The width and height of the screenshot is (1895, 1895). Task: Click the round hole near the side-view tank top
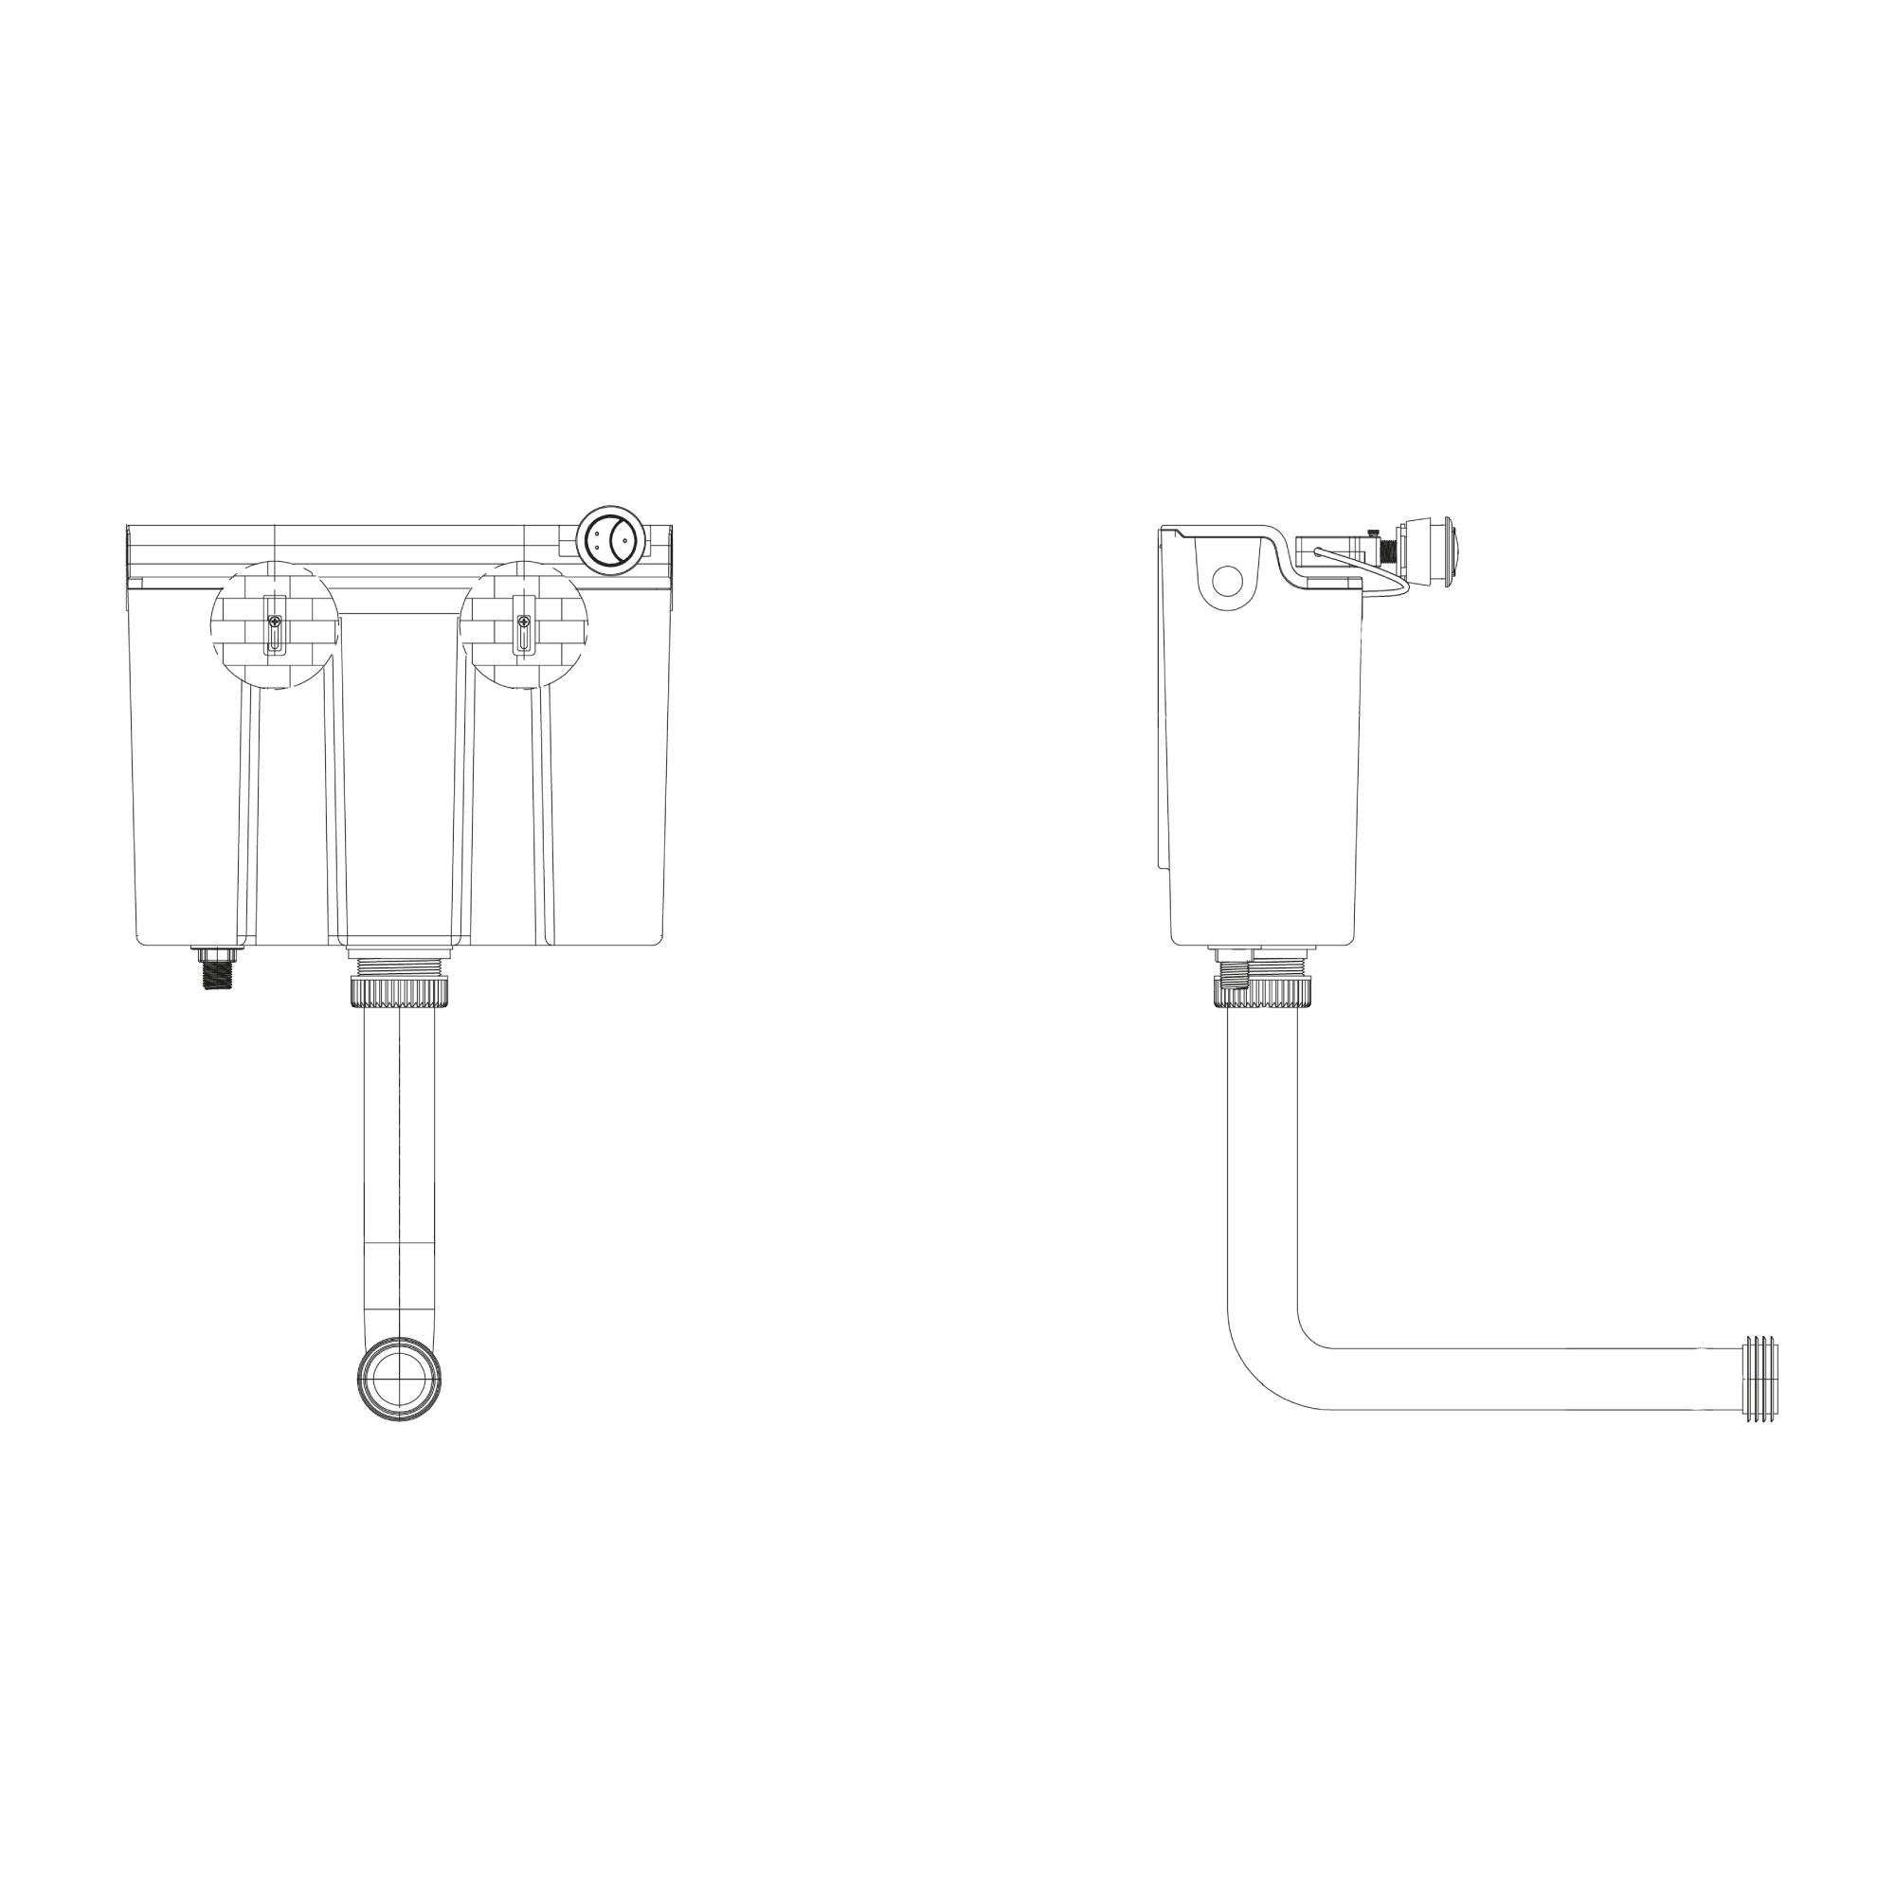click(x=1227, y=581)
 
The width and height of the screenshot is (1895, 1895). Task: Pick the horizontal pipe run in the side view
click(x=1530, y=1378)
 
